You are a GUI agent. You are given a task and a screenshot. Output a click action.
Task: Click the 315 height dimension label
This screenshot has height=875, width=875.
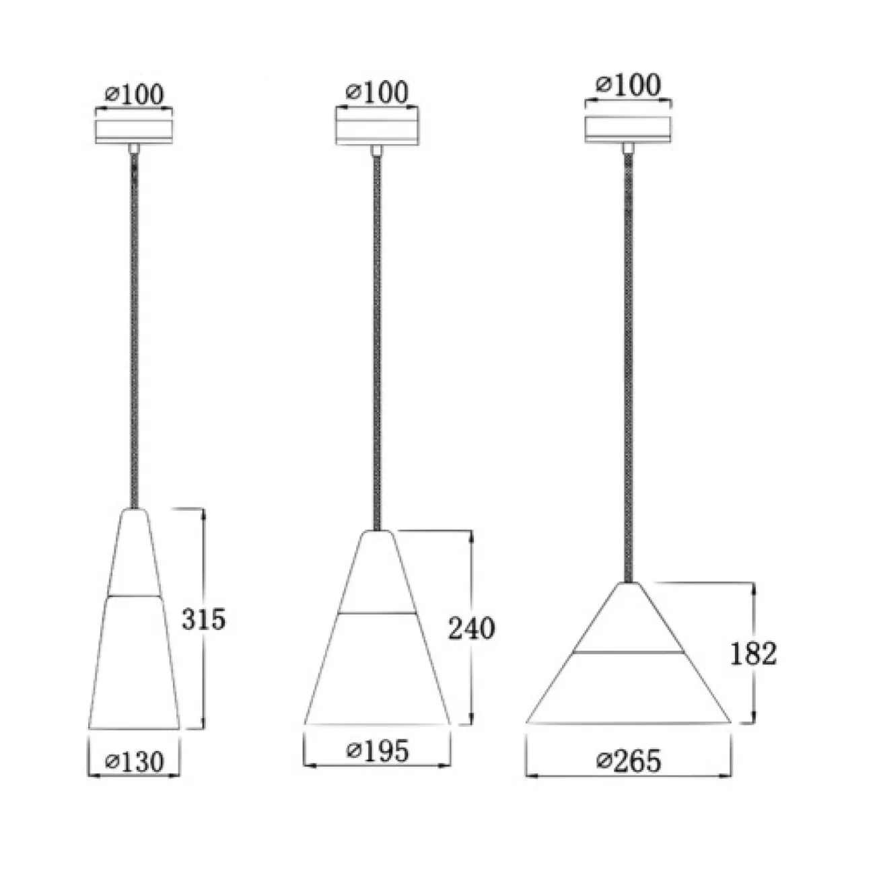pyautogui.click(x=203, y=619)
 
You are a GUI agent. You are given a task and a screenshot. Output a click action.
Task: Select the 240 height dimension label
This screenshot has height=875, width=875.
pyautogui.click(x=471, y=629)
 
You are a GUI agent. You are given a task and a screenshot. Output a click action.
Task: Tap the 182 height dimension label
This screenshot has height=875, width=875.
pyautogui.click(x=754, y=654)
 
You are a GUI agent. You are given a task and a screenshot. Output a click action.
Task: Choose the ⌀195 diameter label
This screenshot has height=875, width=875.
pyautogui.click(x=378, y=750)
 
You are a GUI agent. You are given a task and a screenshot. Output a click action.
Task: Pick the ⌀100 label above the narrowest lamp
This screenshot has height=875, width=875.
pyautogui.click(x=134, y=95)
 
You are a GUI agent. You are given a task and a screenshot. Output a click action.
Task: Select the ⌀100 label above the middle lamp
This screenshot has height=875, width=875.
pyautogui.click(x=377, y=92)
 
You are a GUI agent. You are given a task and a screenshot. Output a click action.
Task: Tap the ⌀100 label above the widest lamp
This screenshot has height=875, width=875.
pyautogui.click(x=629, y=85)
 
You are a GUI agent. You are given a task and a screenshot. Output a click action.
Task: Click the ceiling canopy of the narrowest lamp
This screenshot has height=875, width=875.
pyautogui.click(x=134, y=132)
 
